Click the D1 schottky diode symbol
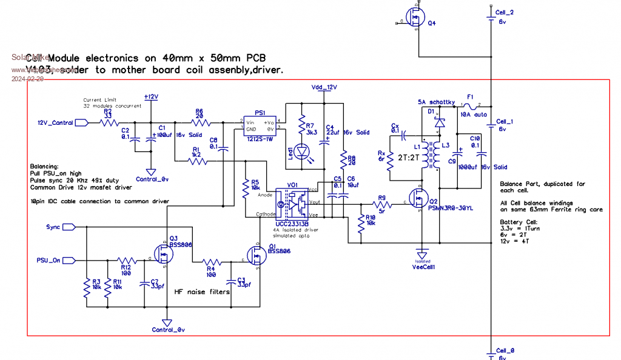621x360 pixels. coord(438,122)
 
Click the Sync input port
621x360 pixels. coord(68,227)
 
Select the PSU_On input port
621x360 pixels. coord(68,260)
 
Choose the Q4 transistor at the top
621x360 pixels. coord(415,18)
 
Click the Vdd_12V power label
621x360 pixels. coord(324,87)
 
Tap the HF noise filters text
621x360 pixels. coord(203,292)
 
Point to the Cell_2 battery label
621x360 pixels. coord(505,12)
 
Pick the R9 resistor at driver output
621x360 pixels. coord(382,205)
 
